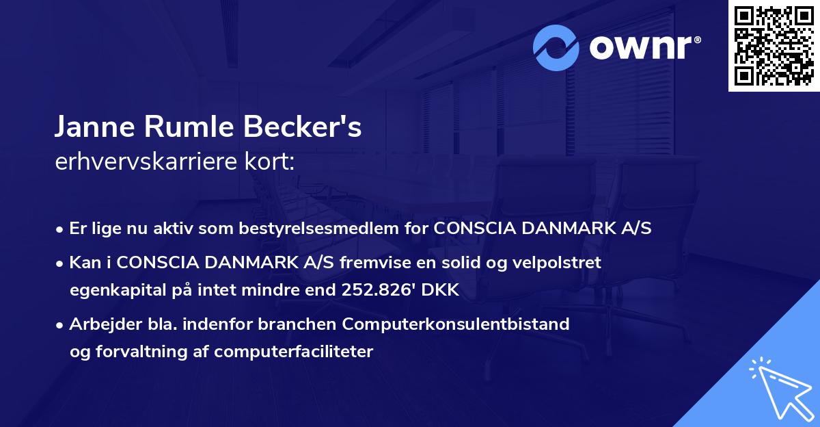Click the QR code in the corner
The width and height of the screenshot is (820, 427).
(774, 46)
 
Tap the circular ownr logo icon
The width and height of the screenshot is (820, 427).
(557, 47)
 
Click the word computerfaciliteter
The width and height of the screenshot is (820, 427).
(294, 352)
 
